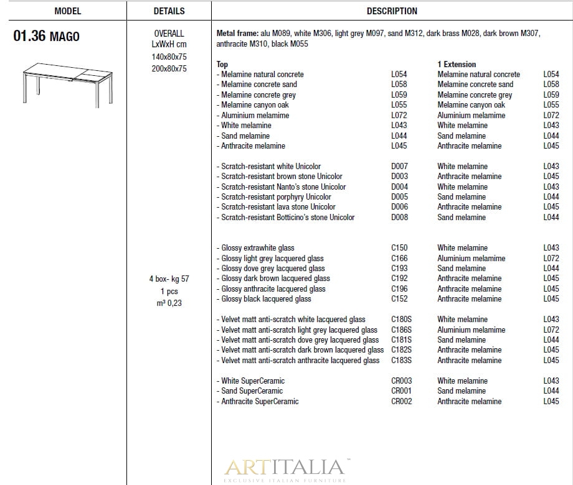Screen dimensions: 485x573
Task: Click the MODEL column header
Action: (68, 11)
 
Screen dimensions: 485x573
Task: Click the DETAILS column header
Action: (169, 11)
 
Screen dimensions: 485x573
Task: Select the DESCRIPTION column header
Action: (392, 11)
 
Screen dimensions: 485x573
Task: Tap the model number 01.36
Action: (30, 36)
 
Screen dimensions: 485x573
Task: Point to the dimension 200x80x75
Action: (169, 69)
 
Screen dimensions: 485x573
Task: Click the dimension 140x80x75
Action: (169, 57)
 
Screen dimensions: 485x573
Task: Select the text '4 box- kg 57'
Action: (169, 279)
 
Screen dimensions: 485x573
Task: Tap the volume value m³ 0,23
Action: (169, 303)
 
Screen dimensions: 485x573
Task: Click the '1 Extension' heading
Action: (457, 64)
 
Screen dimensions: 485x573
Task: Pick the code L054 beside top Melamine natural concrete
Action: (399, 75)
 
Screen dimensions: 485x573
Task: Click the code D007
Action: (399, 167)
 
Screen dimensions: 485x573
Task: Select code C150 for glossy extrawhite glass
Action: (399, 248)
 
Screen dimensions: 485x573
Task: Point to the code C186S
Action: (401, 330)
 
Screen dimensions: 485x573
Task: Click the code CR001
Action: (401, 391)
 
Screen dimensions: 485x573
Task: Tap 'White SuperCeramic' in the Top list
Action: (252, 381)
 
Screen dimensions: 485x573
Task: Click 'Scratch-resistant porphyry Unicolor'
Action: (276, 197)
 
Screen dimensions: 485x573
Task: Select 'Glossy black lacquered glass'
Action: (266, 299)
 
